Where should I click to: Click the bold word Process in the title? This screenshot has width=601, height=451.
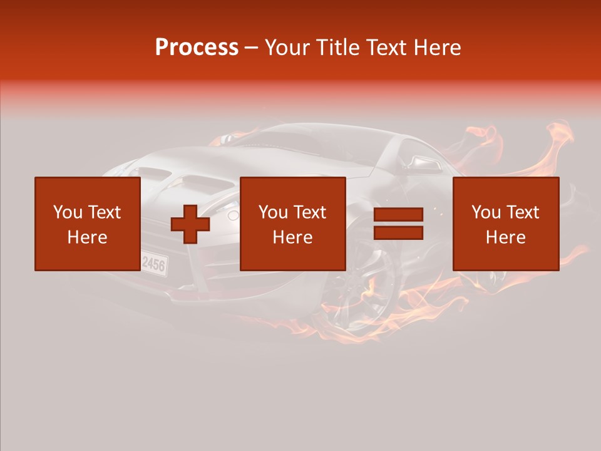(197, 48)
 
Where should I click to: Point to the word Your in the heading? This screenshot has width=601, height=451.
(287, 48)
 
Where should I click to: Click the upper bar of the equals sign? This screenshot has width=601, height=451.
(398, 215)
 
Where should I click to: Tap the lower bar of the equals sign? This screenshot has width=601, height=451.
(398, 233)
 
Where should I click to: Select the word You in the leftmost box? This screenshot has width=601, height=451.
(68, 212)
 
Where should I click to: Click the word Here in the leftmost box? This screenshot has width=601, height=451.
(87, 237)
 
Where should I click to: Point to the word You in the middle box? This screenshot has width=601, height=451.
(273, 212)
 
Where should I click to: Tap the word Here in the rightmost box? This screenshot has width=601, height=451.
(505, 237)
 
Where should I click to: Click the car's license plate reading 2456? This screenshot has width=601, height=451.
(154, 263)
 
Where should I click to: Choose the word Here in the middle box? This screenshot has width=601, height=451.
(292, 237)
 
